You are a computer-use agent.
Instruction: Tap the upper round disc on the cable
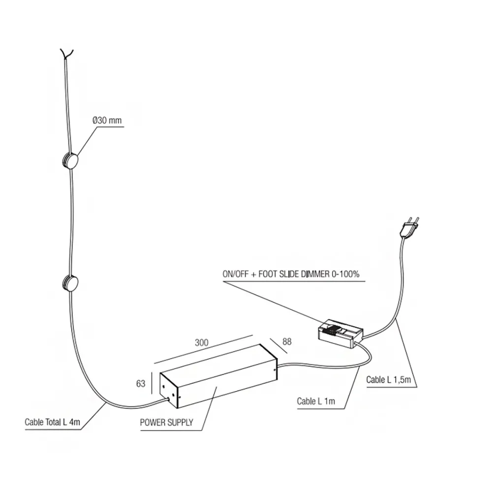(71, 161)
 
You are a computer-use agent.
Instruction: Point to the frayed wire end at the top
(67, 53)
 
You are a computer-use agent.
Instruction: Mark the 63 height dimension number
(141, 383)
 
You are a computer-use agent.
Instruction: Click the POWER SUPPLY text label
(166, 422)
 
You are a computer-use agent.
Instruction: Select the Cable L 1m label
(316, 401)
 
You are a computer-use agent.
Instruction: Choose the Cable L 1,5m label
(389, 380)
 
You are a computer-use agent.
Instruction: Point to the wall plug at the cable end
(409, 227)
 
